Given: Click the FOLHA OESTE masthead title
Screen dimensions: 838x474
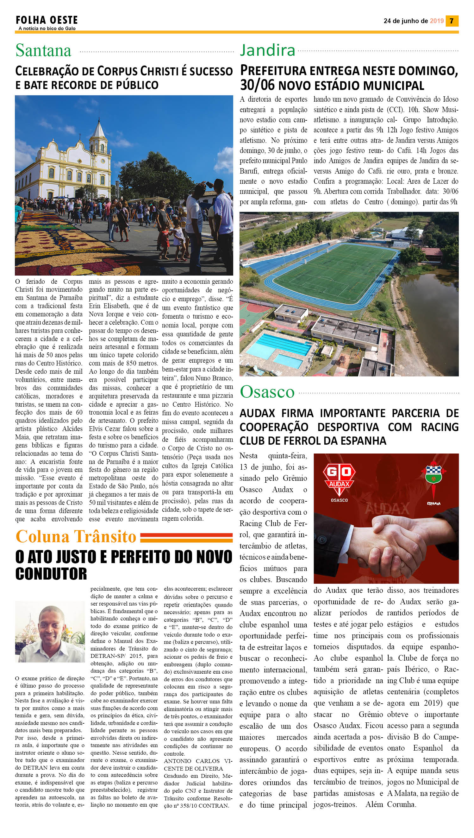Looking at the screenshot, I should coord(47,20).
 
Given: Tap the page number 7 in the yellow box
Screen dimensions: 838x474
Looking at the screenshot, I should coord(452,21).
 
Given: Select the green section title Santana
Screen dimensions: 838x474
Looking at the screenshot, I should coord(43,50).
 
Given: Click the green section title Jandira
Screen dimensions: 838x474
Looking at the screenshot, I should coord(268,50).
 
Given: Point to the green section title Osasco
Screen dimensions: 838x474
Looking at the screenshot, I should coord(267,392).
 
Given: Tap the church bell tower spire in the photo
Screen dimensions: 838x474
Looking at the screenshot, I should coord(98,129).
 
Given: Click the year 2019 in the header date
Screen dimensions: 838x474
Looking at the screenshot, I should coord(437,21).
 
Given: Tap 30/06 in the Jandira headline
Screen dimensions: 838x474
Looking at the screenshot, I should coord(258,86).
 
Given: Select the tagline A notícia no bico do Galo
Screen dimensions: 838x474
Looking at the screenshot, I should coord(47,29).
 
